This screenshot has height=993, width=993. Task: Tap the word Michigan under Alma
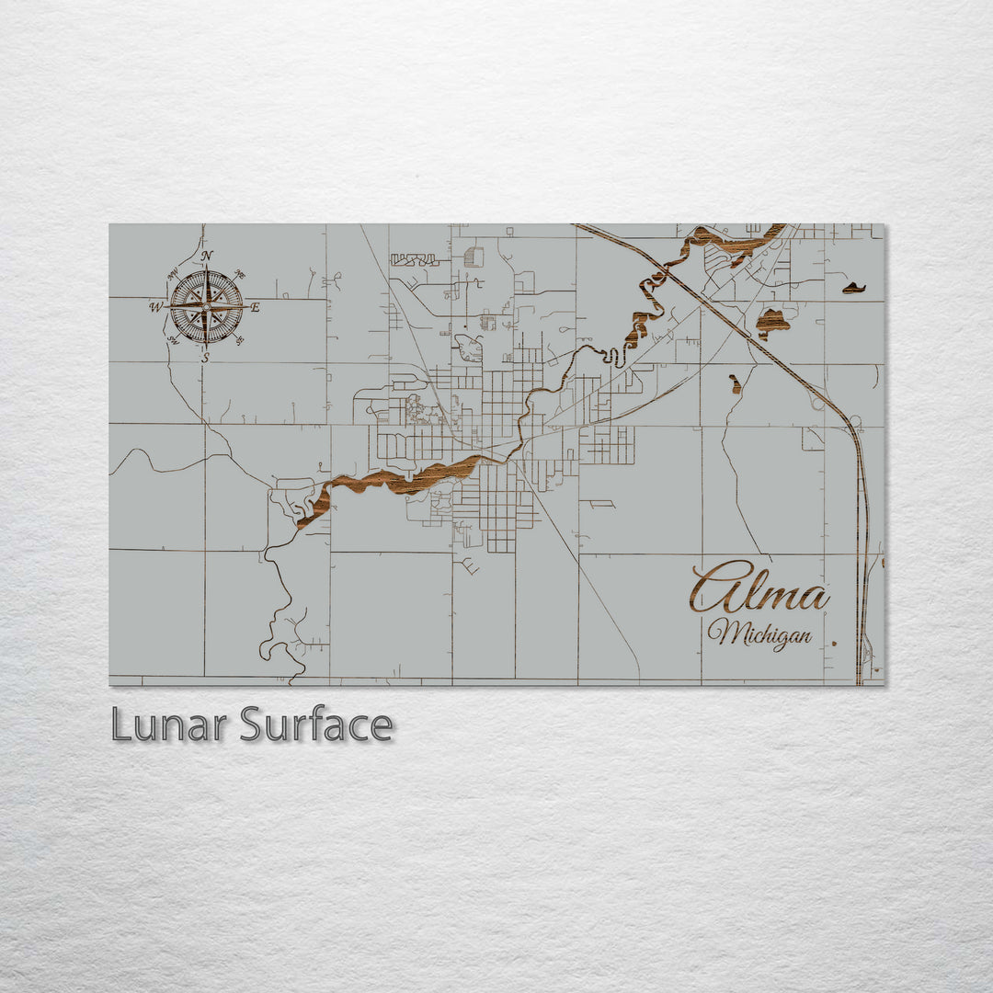click(759, 633)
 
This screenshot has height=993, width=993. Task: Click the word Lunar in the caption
click(169, 725)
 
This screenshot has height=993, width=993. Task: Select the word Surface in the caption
click(316, 725)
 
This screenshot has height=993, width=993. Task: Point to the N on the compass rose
click(207, 257)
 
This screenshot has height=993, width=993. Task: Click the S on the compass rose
click(206, 356)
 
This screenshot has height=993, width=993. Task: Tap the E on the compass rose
click(255, 307)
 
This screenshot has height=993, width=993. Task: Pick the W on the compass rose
click(156, 307)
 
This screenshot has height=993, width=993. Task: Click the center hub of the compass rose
click(207, 306)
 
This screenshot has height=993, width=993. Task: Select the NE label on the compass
click(240, 274)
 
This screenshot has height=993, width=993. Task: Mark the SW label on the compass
click(173, 340)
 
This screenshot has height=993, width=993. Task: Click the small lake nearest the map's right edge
click(854, 289)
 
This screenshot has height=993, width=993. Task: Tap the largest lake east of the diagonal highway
click(772, 323)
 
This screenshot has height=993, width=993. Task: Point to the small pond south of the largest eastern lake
click(736, 383)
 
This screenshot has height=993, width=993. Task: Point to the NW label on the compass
click(173, 273)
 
